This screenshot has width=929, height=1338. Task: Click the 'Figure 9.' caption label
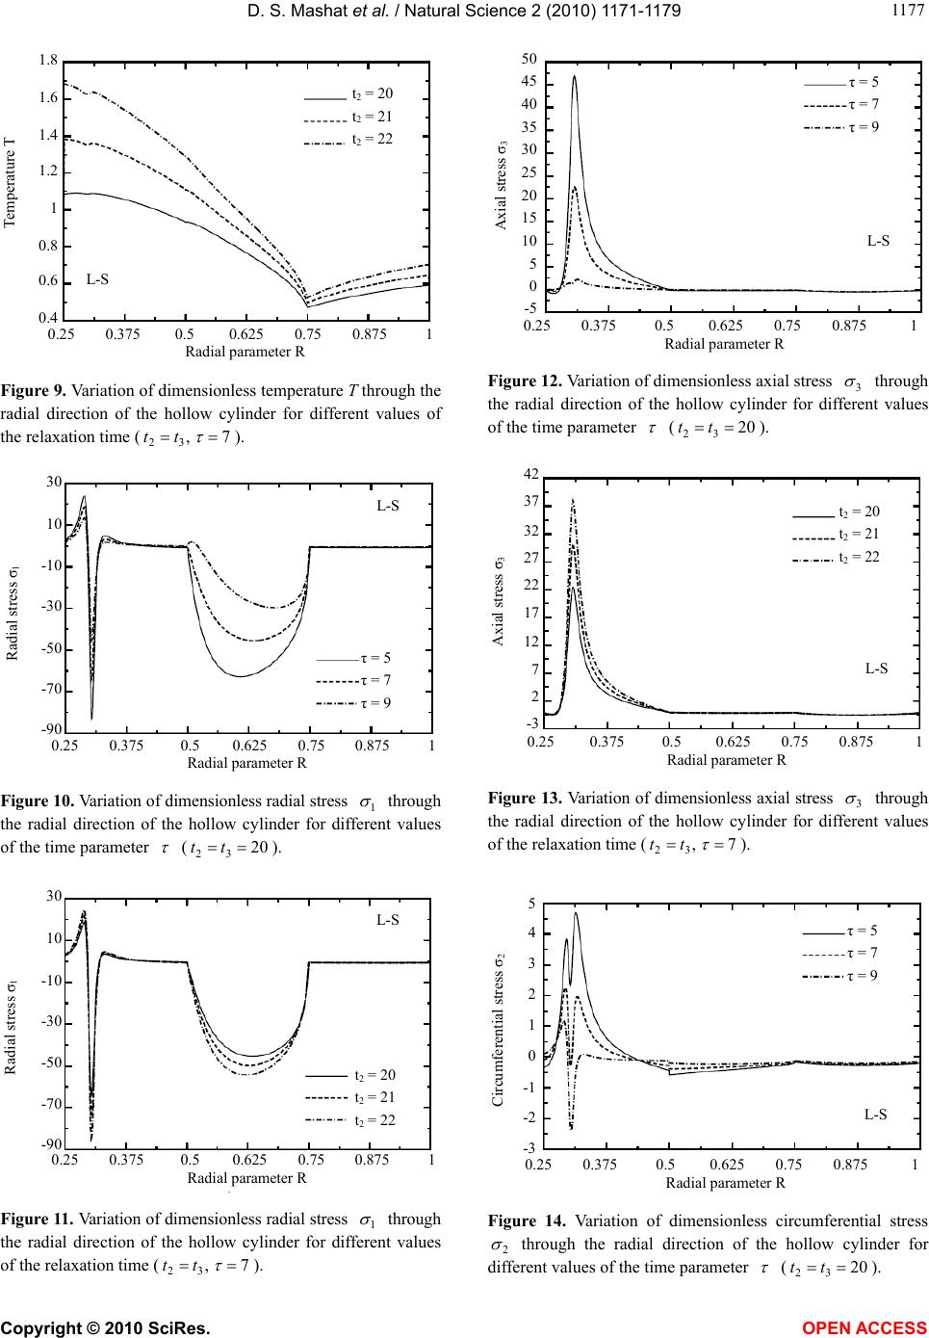click(33, 391)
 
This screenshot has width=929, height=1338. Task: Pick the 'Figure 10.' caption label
click(37, 800)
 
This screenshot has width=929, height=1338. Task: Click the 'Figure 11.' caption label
click(37, 1219)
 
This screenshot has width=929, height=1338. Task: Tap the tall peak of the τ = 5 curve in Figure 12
click(575, 76)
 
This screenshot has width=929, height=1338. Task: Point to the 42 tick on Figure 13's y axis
click(532, 475)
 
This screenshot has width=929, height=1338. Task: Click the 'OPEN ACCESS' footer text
click(872, 1327)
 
